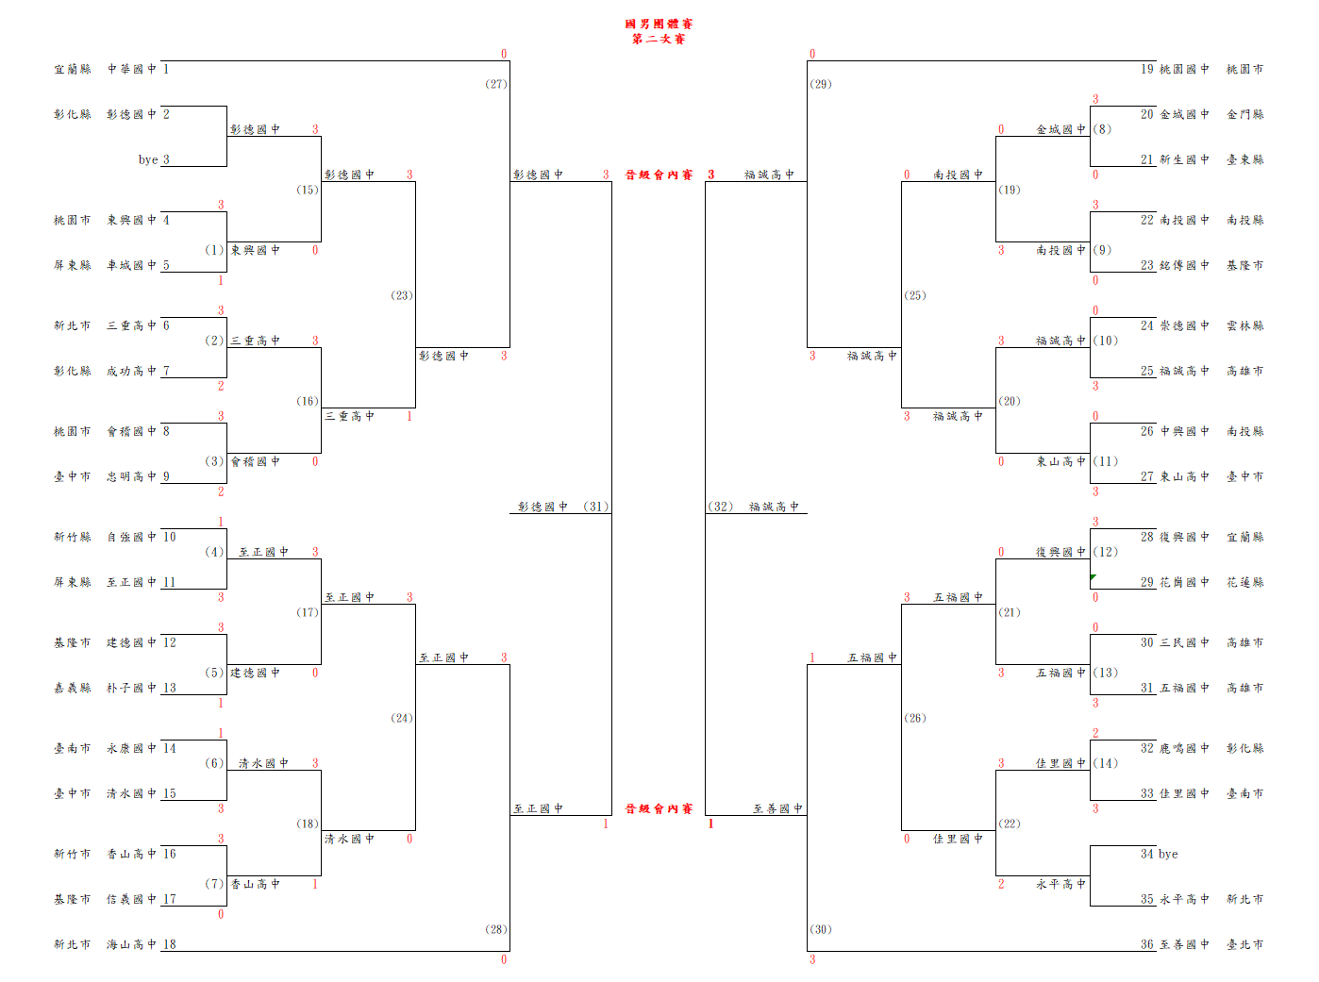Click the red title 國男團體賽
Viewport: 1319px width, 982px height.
click(659, 25)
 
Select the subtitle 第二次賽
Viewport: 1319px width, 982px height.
click(659, 40)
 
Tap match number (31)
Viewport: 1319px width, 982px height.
click(595, 507)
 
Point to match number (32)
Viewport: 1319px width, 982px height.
click(721, 507)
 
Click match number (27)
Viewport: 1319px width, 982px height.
click(496, 84)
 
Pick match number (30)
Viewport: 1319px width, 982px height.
click(821, 929)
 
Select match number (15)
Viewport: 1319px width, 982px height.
click(308, 190)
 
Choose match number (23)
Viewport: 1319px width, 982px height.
click(402, 295)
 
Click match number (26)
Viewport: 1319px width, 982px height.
click(915, 718)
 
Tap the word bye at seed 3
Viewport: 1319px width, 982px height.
click(148, 159)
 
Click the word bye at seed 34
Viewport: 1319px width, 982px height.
click(1168, 854)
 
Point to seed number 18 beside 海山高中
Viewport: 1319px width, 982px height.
click(170, 944)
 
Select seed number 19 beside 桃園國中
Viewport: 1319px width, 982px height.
click(1146, 69)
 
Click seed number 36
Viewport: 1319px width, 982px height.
click(1146, 944)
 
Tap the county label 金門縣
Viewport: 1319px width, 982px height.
click(1244, 114)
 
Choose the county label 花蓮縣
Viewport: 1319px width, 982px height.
click(1244, 582)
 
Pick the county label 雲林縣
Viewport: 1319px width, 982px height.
click(1244, 325)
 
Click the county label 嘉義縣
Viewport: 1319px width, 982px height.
click(72, 688)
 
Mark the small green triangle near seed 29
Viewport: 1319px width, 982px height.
click(1093, 577)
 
